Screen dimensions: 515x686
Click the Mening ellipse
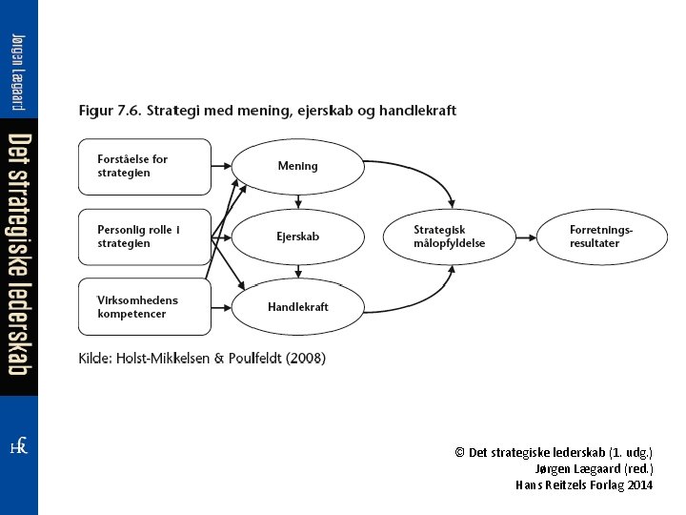point(298,166)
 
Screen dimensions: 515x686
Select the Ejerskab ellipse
point(298,237)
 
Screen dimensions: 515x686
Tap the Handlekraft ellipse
point(298,307)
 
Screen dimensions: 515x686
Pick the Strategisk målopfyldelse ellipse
point(450,237)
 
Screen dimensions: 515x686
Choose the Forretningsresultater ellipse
point(601,237)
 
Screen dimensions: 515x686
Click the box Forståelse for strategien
point(144,166)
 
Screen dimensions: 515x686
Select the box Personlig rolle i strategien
point(144,237)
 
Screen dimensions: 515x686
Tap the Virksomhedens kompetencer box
point(144,307)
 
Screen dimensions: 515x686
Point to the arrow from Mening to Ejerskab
point(298,200)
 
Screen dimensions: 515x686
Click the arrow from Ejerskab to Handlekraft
point(298,272)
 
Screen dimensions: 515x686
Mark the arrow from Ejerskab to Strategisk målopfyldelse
point(373,237)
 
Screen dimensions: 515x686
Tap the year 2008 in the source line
point(305,359)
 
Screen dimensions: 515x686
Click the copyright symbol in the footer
point(459,452)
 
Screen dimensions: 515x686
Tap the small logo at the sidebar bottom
point(18,446)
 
